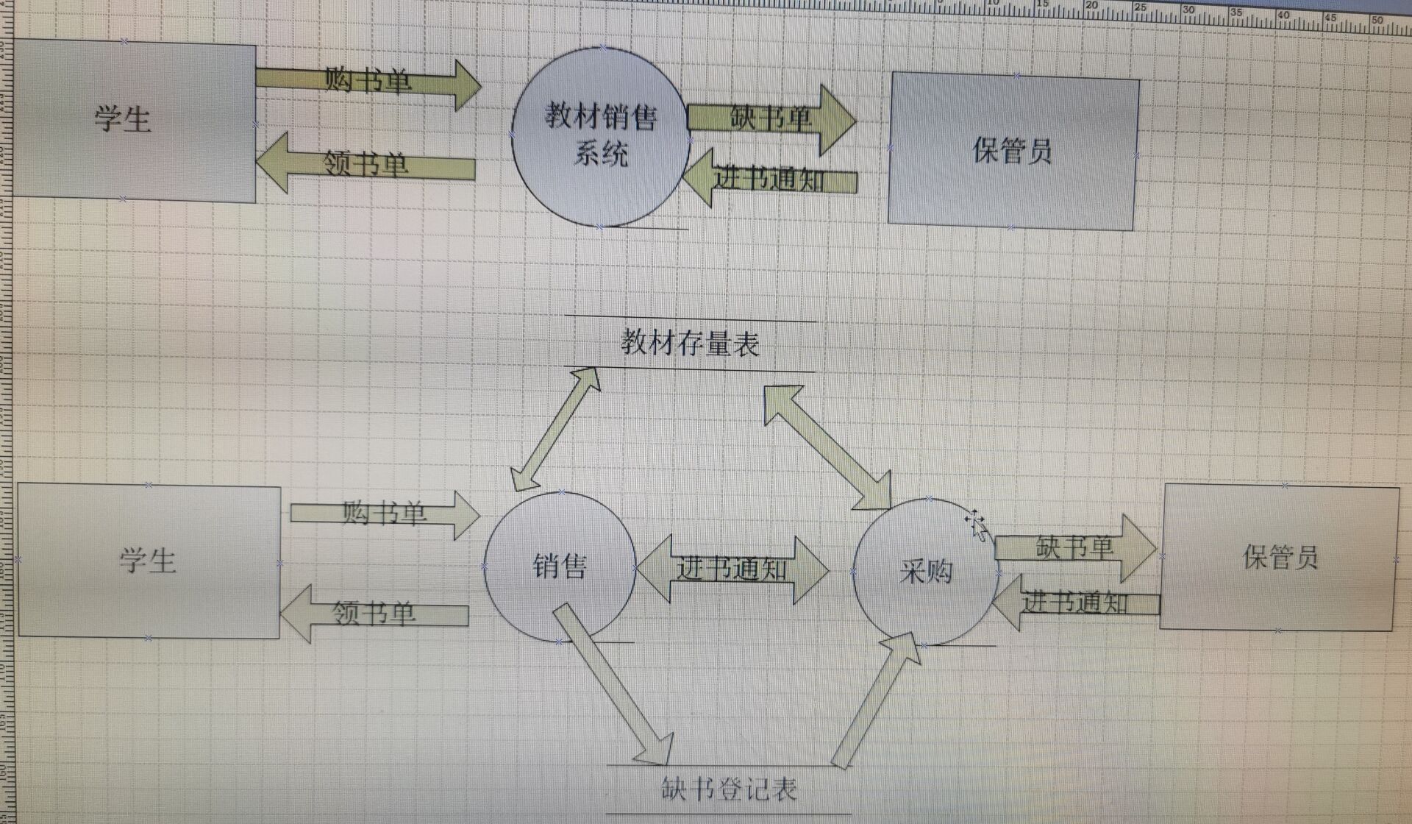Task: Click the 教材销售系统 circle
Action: pyautogui.click(x=600, y=137)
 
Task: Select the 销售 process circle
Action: pyautogui.click(x=559, y=566)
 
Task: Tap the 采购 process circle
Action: pyautogui.click(x=926, y=571)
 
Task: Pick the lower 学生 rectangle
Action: pyautogui.click(x=149, y=561)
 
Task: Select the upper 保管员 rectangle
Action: pyautogui.click(x=1013, y=152)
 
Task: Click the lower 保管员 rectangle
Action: pyautogui.click(x=1279, y=558)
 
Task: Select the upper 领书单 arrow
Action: pyautogui.click(x=366, y=164)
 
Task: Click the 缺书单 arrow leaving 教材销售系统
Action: pyautogui.click(x=771, y=118)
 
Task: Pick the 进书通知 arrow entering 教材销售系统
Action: pyautogui.click(x=769, y=179)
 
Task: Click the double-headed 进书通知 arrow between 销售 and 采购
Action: pyautogui.click(x=731, y=569)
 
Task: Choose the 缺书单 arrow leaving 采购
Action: pyautogui.click(x=1074, y=548)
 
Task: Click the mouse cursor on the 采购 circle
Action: pyautogui.click(x=976, y=524)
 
